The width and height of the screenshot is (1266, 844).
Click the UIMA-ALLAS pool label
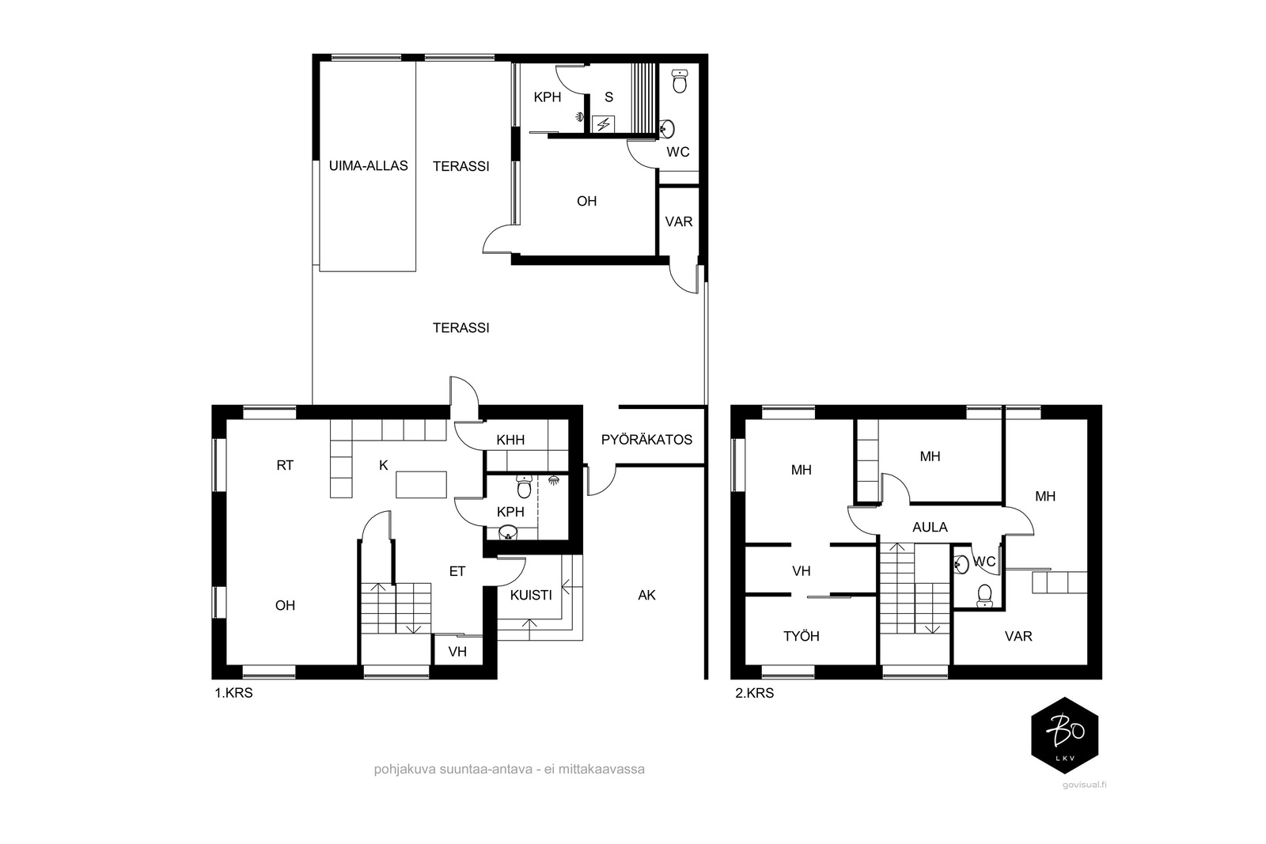[368, 165]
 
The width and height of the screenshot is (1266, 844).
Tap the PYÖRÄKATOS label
[646, 440]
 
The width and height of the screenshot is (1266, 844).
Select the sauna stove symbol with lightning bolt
[604, 123]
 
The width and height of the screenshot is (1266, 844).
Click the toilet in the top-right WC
[680, 81]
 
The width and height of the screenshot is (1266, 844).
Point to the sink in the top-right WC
[668, 129]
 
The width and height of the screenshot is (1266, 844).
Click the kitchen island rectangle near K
[421, 484]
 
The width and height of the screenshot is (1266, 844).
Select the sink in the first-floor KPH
[508, 532]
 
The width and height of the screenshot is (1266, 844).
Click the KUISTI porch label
[531, 595]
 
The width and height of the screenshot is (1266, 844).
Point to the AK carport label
[646, 595]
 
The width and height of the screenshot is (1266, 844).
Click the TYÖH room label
[802, 636]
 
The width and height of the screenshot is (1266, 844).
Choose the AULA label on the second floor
[930, 527]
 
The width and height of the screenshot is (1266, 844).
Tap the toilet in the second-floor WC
[984, 596]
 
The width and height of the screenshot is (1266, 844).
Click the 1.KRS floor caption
[233, 693]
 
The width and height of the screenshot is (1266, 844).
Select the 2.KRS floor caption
[755, 693]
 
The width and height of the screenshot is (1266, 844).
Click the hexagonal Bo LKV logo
[1065, 736]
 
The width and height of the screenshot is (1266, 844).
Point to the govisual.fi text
[1084, 785]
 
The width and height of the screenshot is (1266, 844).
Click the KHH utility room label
[510, 440]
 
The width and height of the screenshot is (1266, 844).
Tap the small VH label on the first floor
[457, 652]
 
